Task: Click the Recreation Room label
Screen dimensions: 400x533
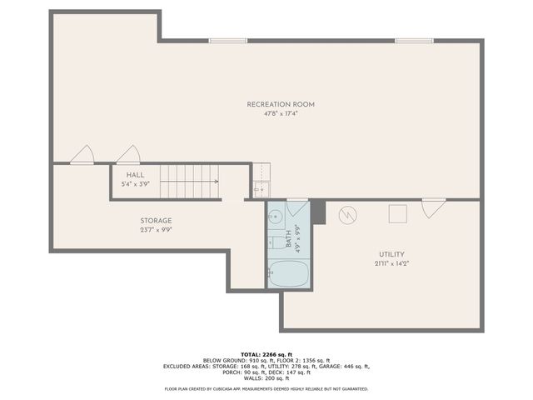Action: (280, 104)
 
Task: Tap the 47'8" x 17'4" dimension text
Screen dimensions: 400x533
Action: (280, 113)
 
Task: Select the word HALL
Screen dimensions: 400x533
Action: (135, 175)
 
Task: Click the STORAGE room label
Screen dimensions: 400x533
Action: (156, 221)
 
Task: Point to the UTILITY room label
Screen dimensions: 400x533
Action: (391, 254)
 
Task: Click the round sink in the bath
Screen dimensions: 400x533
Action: (276, 217)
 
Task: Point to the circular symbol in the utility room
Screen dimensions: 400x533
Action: (346, 215)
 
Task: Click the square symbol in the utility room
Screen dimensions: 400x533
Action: (397, 213)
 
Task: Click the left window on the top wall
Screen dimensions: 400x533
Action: (227, 40)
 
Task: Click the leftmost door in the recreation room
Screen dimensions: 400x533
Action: (82, 155)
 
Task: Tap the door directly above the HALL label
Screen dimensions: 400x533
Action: (128, 155)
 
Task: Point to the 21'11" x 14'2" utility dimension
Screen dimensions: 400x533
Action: (391, 263)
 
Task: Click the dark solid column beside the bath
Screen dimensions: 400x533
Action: (317, 209)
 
